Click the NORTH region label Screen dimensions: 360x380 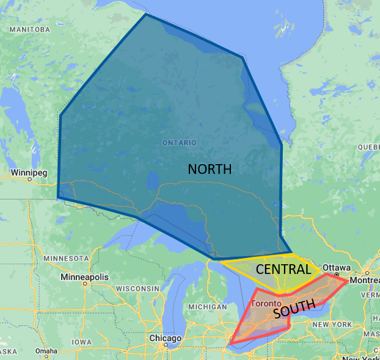[x=210, y=169]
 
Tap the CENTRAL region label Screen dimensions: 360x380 [x=283, y=269]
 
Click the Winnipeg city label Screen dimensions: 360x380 [x=29, y=173]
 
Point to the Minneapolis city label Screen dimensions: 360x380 [x=84, y=277]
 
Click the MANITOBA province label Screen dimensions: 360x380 [x=29, y=29]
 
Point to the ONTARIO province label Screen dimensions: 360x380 [x=179, y=142]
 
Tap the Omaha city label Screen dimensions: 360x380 [x=46, y=351]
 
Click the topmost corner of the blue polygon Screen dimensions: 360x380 [x=145, y=14]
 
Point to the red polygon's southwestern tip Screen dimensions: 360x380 [x=231, y=344]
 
